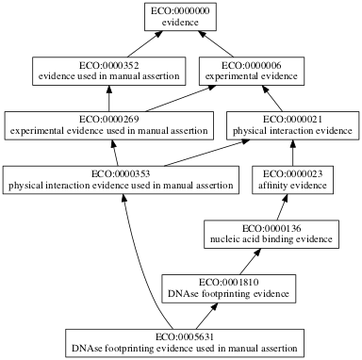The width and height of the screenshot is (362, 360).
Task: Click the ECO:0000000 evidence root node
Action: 180,16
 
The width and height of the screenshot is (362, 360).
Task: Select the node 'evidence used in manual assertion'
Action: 110,71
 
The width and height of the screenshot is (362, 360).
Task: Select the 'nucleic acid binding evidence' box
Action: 271,234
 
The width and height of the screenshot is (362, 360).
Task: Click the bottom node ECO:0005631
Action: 185,341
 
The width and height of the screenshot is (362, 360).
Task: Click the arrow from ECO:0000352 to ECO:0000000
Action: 145,43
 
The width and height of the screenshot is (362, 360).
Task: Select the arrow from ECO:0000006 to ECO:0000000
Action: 219,43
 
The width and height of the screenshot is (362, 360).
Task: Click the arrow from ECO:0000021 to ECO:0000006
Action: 276,98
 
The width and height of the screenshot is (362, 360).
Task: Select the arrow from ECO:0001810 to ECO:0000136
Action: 251,261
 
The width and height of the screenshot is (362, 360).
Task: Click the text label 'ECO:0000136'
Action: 271,228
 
